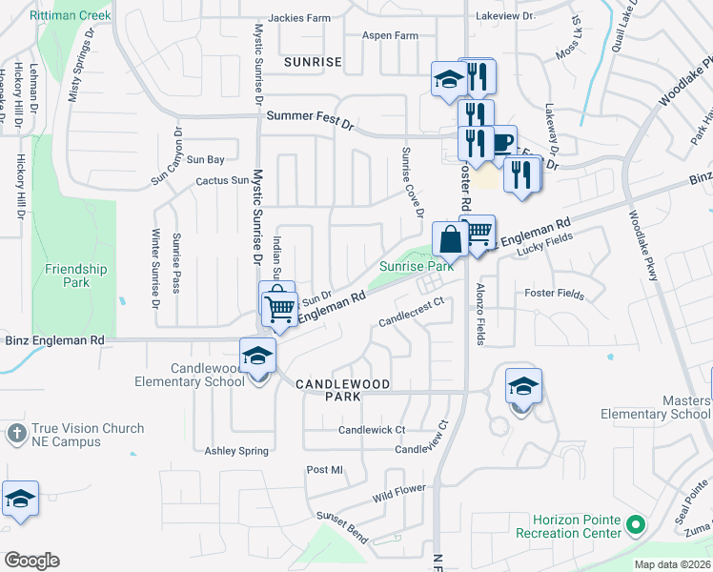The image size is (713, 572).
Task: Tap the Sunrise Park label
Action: (x=417, y=268)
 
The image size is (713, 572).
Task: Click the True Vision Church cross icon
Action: (x=16, y=433)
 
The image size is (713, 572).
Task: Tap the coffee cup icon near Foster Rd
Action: (x=501, y=143)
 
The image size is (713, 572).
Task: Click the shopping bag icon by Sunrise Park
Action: (x=450, y=238)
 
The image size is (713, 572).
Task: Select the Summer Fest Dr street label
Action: (x=310, y=116)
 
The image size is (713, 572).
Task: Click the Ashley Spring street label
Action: (x=236, y=450)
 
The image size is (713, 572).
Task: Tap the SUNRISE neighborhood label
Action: (x=313, y=62)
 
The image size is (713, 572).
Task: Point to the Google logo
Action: (x=31, y=561)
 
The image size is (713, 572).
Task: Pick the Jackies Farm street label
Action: (x=299, y=17)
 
